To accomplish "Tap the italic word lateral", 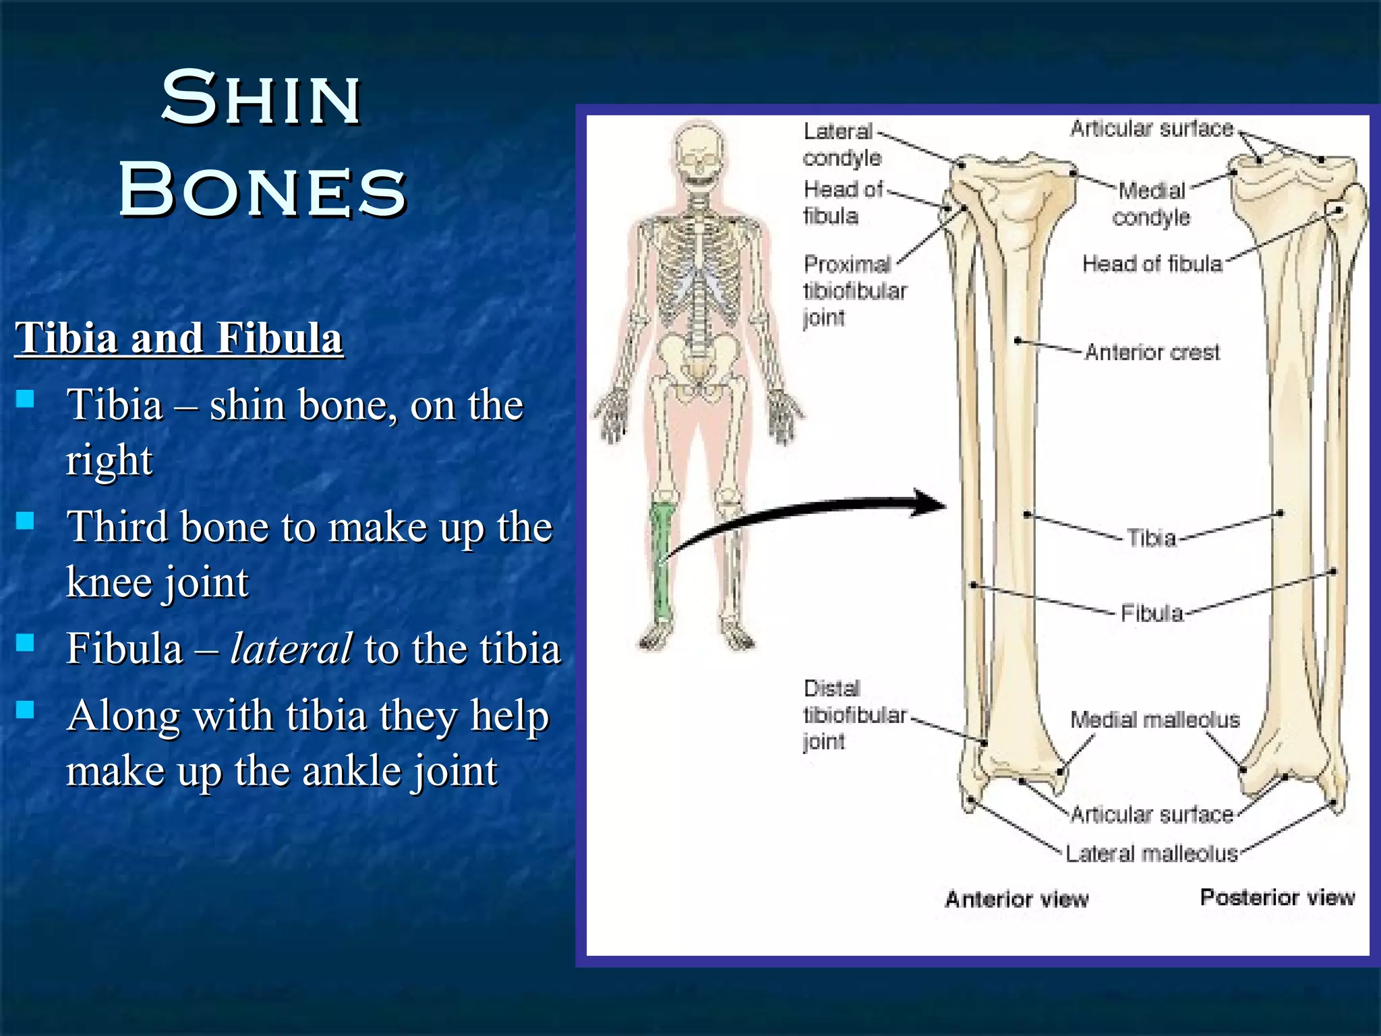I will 291,648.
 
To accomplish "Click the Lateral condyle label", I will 842,144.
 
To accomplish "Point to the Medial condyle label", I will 1151,204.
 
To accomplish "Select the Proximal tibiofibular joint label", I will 854,290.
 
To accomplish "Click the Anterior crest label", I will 1152,352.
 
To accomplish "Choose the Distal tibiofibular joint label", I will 854,715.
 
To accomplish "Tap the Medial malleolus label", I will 1154,720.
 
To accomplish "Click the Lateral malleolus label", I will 1151,854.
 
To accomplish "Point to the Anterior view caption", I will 1016,899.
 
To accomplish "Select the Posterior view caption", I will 1277,897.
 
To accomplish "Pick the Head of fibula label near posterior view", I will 1152,264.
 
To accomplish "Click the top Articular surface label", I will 1152,128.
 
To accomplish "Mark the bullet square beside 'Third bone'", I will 26,521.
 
